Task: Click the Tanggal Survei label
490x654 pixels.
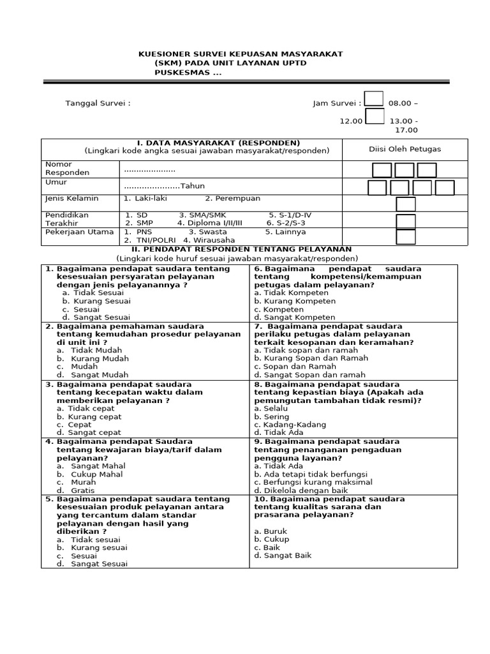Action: click(x=98, y=103)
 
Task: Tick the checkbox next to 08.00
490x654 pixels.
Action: click(x=374, y=99)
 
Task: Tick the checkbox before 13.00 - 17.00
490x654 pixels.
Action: click(x=374, y=117)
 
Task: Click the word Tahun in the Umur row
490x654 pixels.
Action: click(x=191, y=186)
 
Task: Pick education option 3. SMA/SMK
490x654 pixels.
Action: click(x=202, y=215)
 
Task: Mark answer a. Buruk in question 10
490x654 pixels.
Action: click(x=271, y=531)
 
